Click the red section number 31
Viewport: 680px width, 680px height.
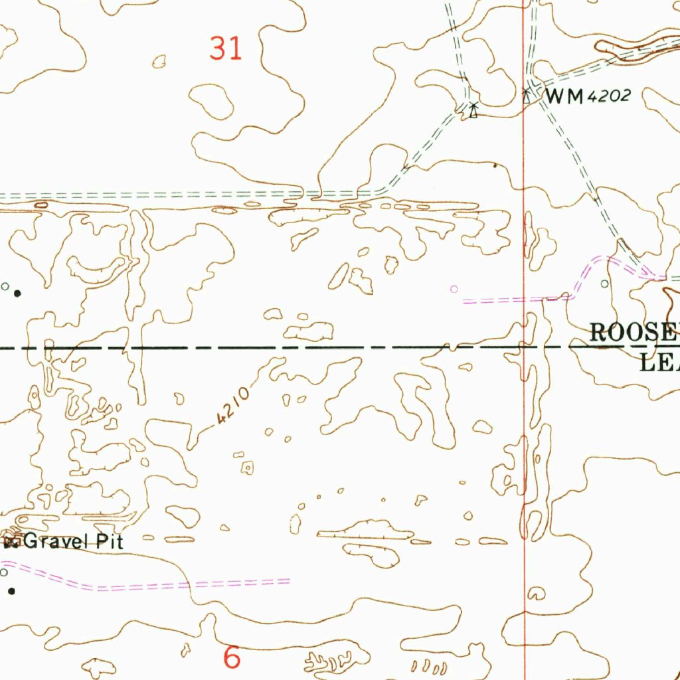(226, 48)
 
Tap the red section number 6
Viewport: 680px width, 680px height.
(232, 657)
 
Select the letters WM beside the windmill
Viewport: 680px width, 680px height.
(564, 97)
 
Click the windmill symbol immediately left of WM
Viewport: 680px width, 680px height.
(527, 96)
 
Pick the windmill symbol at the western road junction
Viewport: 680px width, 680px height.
(473, 110)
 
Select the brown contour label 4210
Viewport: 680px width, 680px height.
(232, 406)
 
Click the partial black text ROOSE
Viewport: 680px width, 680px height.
(634, 332)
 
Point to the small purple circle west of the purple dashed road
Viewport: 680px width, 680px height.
(454, 289)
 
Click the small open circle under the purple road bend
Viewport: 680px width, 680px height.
(604, 284)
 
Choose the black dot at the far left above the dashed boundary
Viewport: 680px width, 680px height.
(18, 292)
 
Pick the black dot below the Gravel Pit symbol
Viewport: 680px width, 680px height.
(11, 590)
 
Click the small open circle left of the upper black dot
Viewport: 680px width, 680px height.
(5, 286)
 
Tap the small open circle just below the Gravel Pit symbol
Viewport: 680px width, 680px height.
(4, 572)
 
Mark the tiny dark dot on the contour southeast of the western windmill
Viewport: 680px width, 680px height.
(495, 165)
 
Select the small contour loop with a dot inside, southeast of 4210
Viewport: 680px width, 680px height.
(247, 468)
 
